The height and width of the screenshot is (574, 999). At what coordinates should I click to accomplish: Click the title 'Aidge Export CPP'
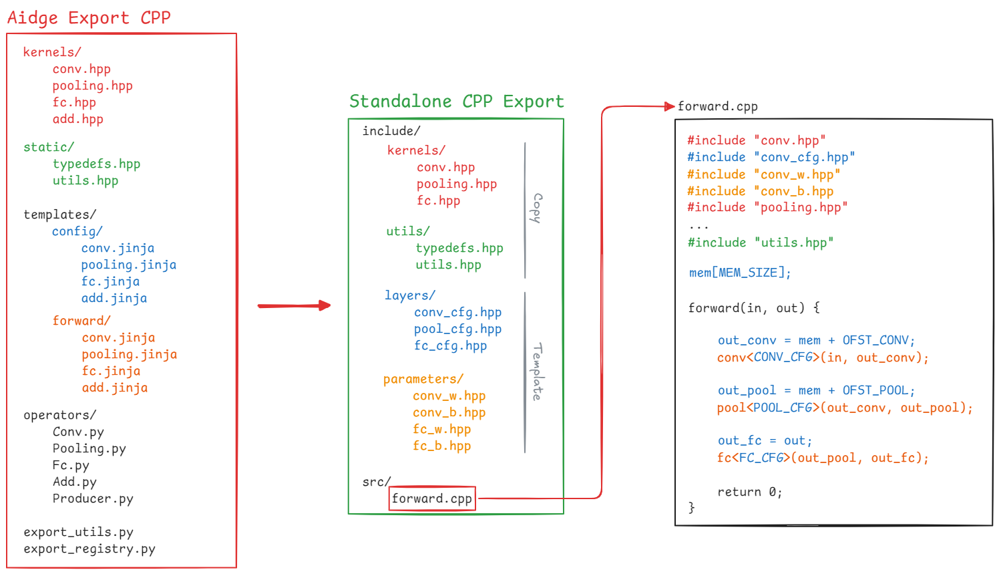point(89,18)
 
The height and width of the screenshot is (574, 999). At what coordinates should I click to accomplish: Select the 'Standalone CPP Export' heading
point(456,102)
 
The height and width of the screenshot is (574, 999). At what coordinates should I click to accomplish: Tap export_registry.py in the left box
point(89,549)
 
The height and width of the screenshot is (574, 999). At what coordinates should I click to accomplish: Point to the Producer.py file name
point(93,498)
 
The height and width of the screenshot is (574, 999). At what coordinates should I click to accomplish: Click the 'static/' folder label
point(49,147)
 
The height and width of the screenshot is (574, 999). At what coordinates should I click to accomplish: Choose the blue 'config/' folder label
point(77,231)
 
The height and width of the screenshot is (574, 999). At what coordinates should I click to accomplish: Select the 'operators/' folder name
point(59,415)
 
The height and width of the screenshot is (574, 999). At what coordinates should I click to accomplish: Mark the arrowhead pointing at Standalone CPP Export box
point(325,305)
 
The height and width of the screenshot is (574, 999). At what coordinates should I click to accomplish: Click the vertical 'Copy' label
point(536,208)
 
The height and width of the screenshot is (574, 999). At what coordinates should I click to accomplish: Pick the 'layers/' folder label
point(410,295)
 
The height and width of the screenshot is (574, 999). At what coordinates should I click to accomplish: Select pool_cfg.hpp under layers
point(457,329)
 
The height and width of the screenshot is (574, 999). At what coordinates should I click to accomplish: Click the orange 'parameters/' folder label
point(423,379)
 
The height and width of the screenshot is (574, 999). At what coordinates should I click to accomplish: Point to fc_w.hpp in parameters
point(441,429)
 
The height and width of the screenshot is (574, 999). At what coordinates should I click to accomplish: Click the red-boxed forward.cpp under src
point(432,498)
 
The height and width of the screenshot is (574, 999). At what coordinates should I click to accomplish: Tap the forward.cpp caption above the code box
point(718,107)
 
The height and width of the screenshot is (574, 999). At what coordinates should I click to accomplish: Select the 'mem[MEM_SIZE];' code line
point(740,273)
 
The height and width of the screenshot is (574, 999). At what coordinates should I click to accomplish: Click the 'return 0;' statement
point(749,492)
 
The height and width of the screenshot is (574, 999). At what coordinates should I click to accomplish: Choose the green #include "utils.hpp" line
point(761,243)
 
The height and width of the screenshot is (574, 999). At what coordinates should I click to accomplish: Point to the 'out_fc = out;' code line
point(765,441)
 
